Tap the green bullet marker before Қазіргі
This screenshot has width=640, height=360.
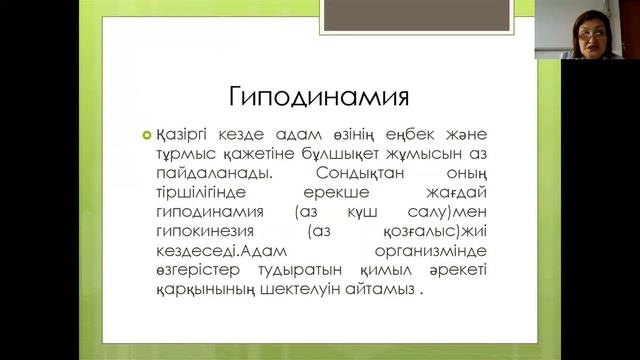[x=147, y=136]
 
